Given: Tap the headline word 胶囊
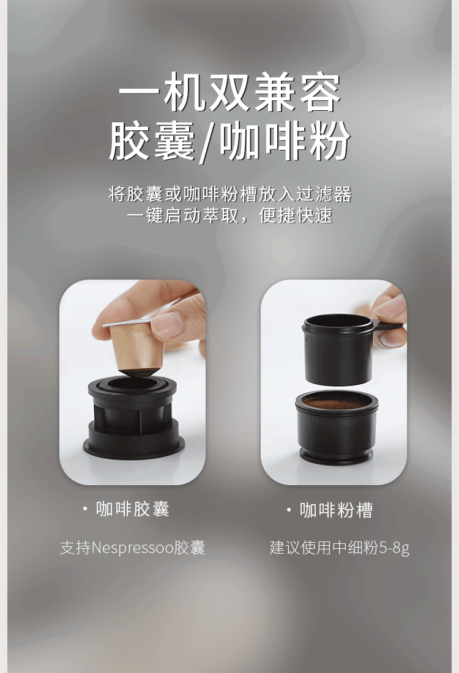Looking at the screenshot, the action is [x=152, y=141].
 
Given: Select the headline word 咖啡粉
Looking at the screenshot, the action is [x=285, y=141].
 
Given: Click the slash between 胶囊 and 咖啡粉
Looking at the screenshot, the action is [x=207, y=143].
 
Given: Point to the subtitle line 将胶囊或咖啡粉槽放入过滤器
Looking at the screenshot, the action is [x=230, y=194].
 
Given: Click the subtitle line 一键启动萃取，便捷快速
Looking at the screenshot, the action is [x=230, y=215].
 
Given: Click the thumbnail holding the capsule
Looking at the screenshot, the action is [x=132, y=382].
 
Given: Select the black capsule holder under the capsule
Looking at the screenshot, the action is [x=133, y=416].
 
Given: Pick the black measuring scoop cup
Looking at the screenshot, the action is [x=337, y=349].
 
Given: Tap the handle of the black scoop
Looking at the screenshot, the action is [x=389, y=325].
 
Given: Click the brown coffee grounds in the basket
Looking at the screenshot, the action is [x=336, y=401].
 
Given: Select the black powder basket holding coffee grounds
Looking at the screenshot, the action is [x=336, y=426].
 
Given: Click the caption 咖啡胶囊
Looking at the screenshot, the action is [x=133, y=509].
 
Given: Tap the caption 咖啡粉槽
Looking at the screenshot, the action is [x=336, y=510].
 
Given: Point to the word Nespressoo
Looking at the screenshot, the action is [x=133, y=548].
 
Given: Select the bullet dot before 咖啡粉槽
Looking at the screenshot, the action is [x=289, y=510].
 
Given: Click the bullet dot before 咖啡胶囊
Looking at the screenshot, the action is [x=85, y=509].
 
